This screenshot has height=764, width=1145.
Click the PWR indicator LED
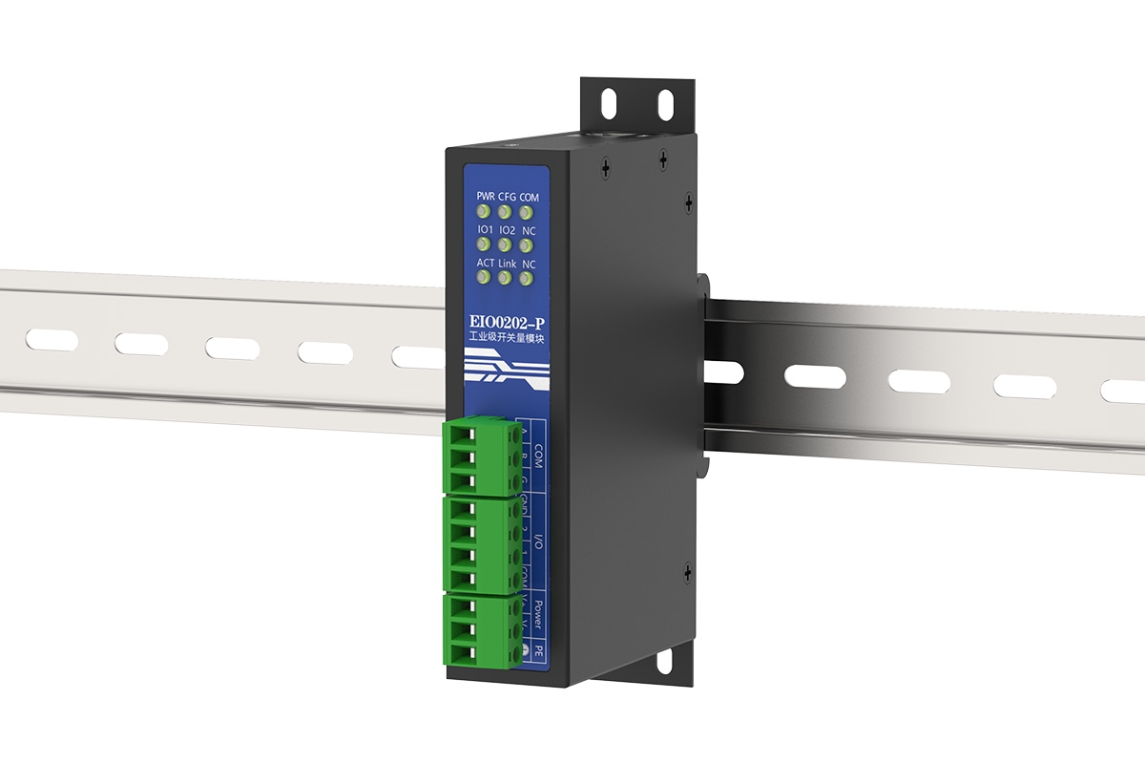pyautogui.click(x=484, y=211)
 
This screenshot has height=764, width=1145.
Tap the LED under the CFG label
pyautogui.click(x=505, y=211)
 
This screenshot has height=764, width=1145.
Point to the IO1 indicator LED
pyautogui.click(x=484, y=244)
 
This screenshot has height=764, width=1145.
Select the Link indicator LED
pyautogui.click(x=505, y=278)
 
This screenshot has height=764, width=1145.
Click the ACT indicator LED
pyautogui.click(x=484, y=278)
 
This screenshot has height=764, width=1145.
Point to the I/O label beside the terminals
pyautogui.click(x=538, y=543)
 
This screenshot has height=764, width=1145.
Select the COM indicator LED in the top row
pyautogui.click(x=526, y=211)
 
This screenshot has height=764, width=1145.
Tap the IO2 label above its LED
pyautogui.click(x=507, y=230)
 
